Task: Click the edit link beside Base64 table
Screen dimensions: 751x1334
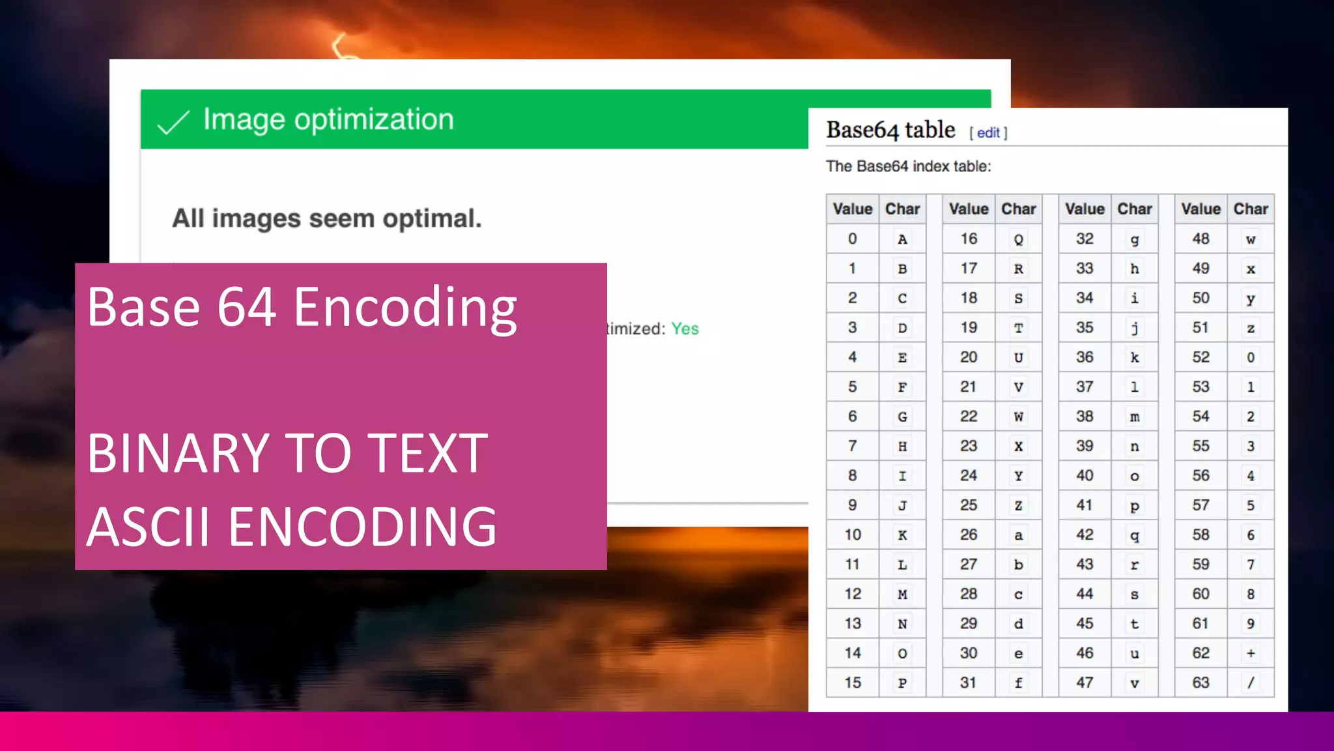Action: click(987, 133)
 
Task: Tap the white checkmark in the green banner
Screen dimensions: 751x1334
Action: click(173, 122)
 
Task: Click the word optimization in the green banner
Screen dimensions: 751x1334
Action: click(374, 120)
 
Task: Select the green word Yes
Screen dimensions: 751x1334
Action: click(685, 329)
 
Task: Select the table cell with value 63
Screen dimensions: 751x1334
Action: click(1200, 683)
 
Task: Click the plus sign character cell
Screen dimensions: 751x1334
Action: click(1251, 653)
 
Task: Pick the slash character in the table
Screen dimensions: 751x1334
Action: click(1251, 683)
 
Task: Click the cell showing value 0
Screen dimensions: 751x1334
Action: click(852, 239)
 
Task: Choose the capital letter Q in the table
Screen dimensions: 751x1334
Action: click(1018, 239)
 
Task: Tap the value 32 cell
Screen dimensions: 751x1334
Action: click(1085, 239)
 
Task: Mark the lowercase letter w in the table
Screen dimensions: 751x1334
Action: click(1251, 239)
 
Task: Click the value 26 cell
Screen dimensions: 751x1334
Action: click(969, 535)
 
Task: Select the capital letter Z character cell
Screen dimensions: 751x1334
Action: click(1018, 505)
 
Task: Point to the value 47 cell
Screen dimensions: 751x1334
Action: click(1085, 683)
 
